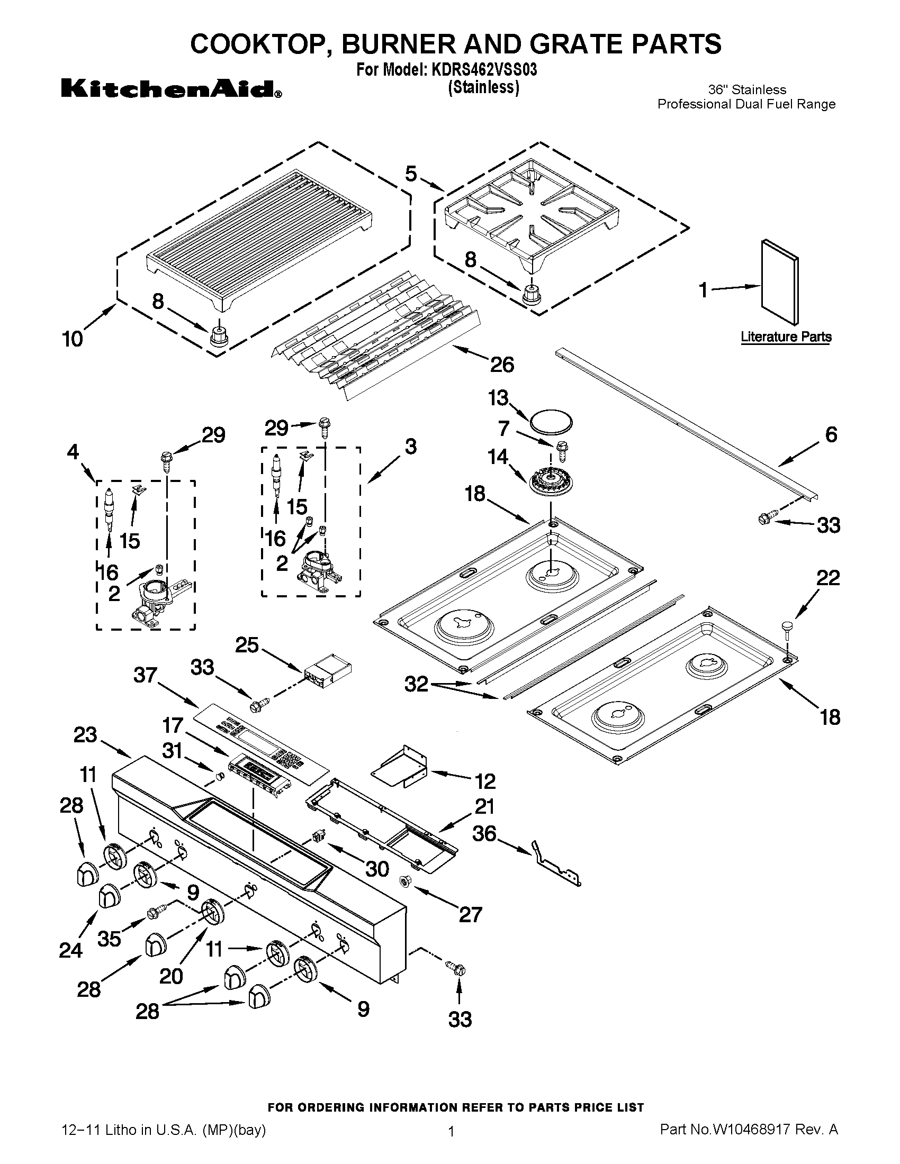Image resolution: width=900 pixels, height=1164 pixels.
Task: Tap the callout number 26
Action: coord(502,365)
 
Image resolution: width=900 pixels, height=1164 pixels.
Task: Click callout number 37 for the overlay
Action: coord(145,675)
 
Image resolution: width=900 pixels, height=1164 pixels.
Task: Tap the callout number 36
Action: coord(484,833)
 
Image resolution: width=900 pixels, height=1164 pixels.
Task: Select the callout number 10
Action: coord(73,339)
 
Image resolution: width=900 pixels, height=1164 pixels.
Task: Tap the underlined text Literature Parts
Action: coord(786,337)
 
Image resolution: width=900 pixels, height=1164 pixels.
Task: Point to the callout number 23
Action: coord(85,735)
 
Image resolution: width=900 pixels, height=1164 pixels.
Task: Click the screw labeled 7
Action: coord(561,450)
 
